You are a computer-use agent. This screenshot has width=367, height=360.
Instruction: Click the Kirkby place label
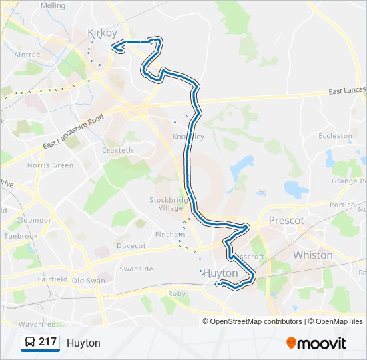(102, 31)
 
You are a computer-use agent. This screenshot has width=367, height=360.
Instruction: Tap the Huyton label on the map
(220, 273)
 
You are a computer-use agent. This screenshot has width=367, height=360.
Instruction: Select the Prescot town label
(286, 221)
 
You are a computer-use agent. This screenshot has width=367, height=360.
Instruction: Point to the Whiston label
(312, 255)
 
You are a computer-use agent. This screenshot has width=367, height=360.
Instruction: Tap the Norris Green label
(50, 165)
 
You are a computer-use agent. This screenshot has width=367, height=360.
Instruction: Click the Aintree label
(27, 55)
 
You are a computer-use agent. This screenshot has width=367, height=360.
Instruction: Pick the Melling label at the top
(53, 5)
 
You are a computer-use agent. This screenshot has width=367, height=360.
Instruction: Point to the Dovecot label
(131, 246)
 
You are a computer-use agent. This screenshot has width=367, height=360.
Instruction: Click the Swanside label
(136, 269)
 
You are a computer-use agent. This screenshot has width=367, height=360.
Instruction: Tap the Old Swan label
(88, 281)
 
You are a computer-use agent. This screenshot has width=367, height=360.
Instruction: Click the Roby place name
(177, 293)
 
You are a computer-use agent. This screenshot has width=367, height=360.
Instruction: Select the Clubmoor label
(33, 220)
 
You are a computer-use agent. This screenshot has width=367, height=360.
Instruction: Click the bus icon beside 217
(29, 343)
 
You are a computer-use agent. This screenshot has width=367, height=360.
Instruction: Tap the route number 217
(47, 343)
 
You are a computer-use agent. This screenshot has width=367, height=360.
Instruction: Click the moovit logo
(316, 343)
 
